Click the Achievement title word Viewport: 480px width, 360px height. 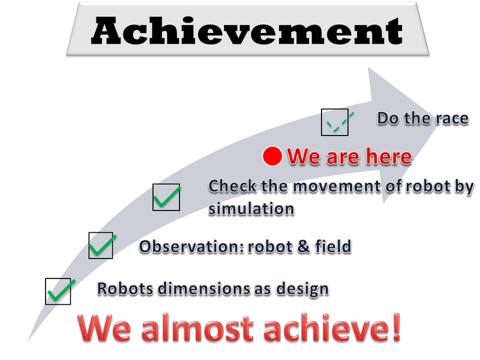click(247, 31)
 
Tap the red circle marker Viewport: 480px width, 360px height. click(272, 156)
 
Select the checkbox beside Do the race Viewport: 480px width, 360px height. click(335, 122)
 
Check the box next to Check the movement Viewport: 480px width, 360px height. click(166, 197)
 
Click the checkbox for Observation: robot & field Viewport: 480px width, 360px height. click(101, 245)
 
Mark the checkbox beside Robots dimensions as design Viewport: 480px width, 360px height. click(58, 292)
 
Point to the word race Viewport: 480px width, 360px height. click(452, 118)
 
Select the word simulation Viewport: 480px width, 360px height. click(251, 209)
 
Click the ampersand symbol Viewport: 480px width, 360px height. click(303, 247)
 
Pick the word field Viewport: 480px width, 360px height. click(333, 247)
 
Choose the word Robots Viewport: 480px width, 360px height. click(125, 289)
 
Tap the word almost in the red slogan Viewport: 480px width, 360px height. click(197, 328)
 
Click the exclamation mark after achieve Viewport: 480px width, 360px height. click(397, 326)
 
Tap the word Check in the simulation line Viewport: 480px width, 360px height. click(232, 186)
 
